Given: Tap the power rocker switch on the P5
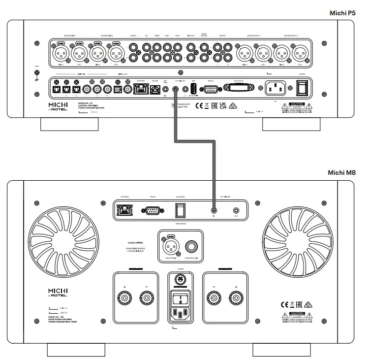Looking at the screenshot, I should coord(302,88).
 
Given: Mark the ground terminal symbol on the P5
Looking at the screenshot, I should coord(36,75).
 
